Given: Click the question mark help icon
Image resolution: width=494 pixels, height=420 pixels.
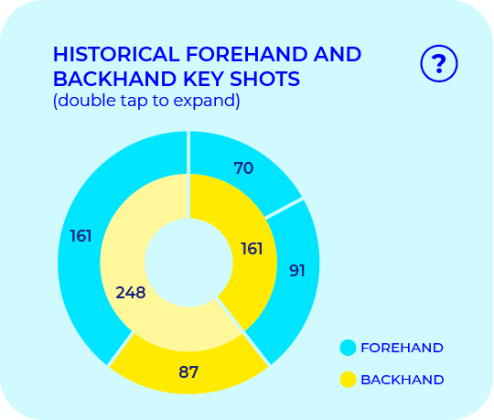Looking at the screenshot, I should click(x=439, y=63).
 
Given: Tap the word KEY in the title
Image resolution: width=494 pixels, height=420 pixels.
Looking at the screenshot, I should click(x=186, y=79).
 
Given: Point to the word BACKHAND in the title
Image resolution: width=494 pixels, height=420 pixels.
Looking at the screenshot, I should click(x=100, y=79).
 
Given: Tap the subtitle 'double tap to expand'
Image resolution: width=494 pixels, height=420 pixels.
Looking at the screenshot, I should click(x=146, y=101).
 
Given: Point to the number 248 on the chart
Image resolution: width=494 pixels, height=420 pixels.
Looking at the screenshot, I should click(x=131, y=293).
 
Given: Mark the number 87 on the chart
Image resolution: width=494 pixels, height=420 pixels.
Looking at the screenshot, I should click(x=188, y=372).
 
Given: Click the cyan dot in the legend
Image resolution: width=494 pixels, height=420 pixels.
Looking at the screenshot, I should click(x=348, y=348).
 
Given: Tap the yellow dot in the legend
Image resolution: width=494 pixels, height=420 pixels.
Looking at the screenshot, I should click(x=348, y=379).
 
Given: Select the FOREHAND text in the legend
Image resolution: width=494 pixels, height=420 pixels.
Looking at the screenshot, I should click(x=402, y=348).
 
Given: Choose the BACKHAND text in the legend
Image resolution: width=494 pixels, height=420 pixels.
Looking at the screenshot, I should click(x=402, y=379).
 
